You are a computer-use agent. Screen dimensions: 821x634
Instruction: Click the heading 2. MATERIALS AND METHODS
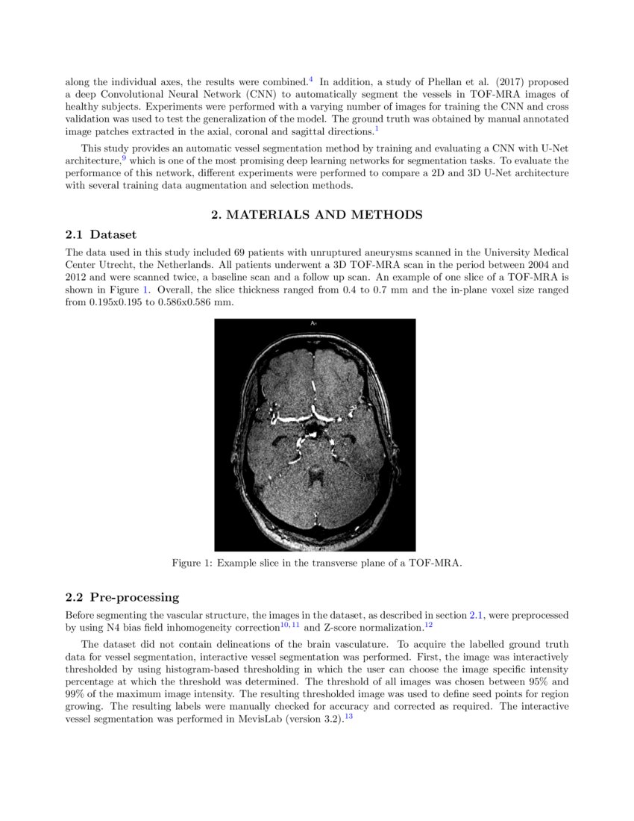coord(317,215)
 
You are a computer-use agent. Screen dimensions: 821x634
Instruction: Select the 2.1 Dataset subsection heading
coord(101,234)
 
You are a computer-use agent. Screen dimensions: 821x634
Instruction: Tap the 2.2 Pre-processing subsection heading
coord(122,597)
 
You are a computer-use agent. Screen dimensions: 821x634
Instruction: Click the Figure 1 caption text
coord(317,563)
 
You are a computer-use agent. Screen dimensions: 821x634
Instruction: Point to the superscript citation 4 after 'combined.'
coord(310,78)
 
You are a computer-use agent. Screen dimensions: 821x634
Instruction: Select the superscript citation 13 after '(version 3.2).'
coord(348,717)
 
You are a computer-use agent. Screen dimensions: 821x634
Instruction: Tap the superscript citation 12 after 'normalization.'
coord(428,625)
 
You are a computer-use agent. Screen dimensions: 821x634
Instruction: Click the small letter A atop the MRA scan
coord(313,323)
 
